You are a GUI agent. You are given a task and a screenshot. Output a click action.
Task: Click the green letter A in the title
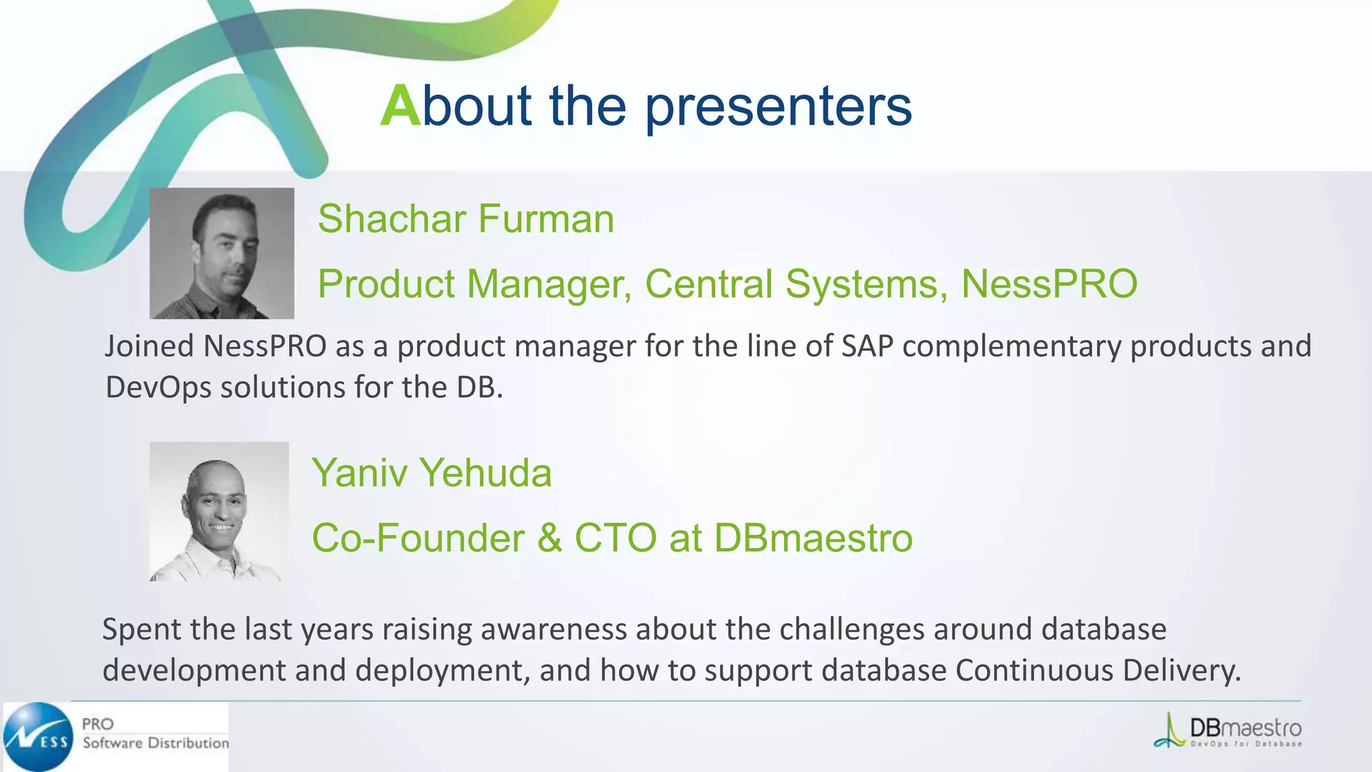[400, 106]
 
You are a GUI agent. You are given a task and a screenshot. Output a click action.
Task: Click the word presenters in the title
[778, 107]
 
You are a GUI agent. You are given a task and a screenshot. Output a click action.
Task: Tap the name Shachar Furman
[466, 219]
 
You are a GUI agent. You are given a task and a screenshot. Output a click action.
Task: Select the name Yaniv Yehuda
[431, 472]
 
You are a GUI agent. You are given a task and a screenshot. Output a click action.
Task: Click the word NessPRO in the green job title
[1049, 283]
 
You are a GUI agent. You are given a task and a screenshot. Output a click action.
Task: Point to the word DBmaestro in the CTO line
[813, 538]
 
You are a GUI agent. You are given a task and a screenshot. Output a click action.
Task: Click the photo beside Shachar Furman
[222, 253]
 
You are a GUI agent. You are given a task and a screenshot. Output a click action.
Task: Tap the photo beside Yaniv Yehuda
[219, 511]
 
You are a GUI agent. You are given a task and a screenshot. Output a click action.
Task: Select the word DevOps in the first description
[158, 387]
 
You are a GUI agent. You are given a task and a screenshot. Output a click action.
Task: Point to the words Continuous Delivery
[1097, 670]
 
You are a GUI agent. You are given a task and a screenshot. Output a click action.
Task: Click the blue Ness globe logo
[38, 736]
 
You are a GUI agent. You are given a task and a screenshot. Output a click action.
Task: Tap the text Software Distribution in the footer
[155, 743]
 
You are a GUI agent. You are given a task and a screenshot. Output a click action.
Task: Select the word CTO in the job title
[615, 538]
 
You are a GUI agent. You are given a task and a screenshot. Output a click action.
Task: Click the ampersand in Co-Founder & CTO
[549, 538]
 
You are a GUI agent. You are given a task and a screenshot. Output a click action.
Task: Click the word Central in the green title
[709, 283]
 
